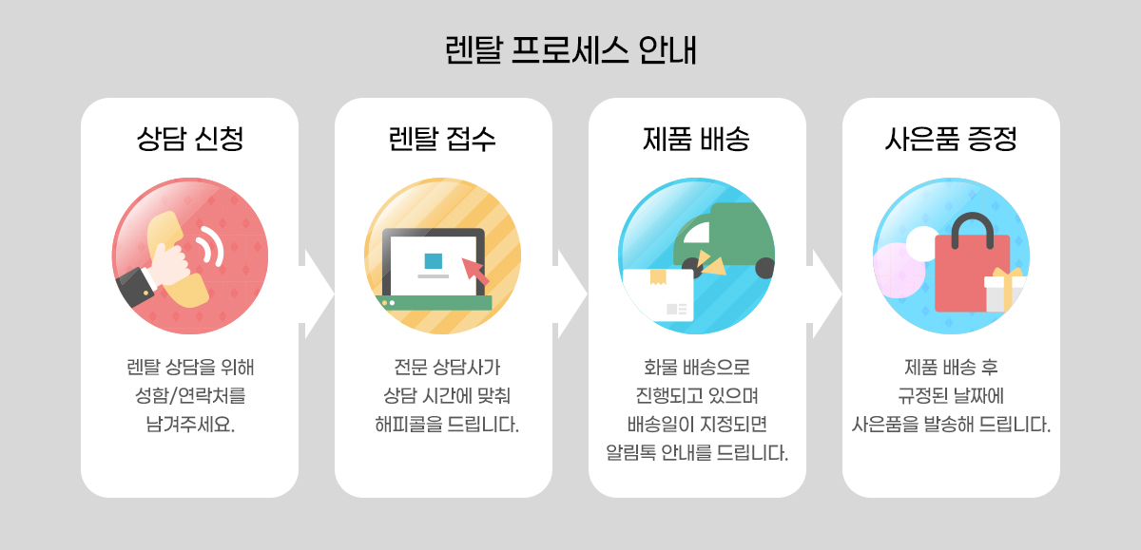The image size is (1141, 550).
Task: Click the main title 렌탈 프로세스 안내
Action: (570, 50)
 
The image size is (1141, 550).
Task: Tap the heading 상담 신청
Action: (189, 140)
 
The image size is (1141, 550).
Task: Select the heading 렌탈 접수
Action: (443, 140)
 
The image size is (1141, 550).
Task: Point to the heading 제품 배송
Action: (697, 140)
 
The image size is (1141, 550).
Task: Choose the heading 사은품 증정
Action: (951, 140)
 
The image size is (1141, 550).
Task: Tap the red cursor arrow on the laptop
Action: (475, 270)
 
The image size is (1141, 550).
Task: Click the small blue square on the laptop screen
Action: (434, 260)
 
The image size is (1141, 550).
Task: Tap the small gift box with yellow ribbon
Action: (1004, 290)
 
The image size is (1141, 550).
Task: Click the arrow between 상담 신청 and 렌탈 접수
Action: (317, 294)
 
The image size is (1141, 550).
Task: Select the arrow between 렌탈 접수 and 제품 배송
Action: (570, 294)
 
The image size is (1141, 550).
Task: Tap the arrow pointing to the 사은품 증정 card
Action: (824, 294)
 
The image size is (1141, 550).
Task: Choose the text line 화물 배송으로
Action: (697, 367)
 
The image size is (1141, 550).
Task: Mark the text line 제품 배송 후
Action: (951, 367)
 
